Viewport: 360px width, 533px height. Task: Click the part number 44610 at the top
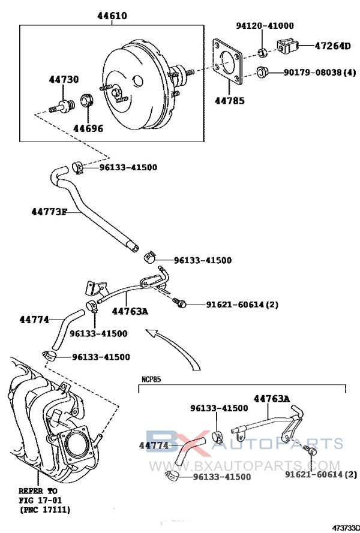tap(112, 16)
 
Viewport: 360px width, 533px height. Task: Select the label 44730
tap(64, 80)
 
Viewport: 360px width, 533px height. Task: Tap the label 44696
tap(88, 128)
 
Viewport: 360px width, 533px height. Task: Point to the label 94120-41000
tap(265, 26)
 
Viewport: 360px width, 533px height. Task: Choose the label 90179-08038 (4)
tap(319, 73)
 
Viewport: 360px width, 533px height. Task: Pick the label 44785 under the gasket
tap(230, 101)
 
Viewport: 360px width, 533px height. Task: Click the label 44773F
tap(49, 212)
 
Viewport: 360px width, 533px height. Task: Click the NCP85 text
tap(151, 380)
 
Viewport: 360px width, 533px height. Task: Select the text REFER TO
tap(37, 490)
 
